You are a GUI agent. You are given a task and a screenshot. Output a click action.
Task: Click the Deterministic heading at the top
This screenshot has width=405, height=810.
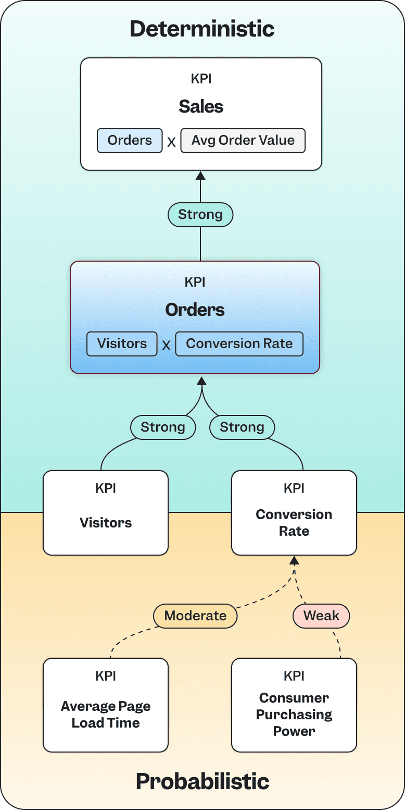click(x=202, y=29)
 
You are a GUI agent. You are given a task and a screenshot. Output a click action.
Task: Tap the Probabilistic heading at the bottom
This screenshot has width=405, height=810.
click(x=202, y=781)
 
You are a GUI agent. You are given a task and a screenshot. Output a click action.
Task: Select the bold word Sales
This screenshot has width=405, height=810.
click(x=201, y=106)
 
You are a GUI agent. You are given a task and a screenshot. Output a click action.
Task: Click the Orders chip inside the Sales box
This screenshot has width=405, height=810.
click(x=130, y=141)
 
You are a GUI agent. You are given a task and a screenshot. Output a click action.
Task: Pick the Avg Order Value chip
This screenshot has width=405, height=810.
click(x=243, y=141)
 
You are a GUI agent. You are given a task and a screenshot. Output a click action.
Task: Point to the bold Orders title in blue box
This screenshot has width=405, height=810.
click(x=195, y=310)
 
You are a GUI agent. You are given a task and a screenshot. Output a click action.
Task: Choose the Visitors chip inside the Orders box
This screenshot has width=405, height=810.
click(x=122, y=344)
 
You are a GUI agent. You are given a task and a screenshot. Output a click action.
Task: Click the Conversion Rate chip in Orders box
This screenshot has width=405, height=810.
click(x=239, y=344)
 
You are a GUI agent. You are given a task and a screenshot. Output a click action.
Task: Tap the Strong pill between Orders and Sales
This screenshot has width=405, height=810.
click(x=200, y=214)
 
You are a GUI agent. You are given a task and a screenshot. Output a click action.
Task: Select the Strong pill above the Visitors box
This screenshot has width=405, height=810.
click(x=163, y=427)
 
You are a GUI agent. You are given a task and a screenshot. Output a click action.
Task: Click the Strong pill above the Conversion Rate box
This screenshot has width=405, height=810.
click(x=242, y=427)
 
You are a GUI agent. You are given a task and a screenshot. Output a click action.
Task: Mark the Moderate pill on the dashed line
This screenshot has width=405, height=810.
click(x=195, y=616)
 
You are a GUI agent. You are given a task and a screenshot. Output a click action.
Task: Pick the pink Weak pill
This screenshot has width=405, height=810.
click(x=321, y=616)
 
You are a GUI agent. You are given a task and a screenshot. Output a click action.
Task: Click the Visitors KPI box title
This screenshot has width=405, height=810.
click(x=106, y=523)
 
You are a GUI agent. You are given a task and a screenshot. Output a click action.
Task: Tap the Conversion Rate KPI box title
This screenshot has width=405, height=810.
click(x=294, y=523)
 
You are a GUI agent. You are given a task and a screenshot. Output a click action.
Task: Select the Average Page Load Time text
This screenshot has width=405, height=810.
click(x=106, y=715)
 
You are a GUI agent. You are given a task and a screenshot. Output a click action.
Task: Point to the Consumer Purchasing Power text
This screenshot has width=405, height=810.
click(x=294, y=715)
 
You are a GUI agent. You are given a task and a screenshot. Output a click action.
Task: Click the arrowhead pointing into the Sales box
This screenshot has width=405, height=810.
click(x=200, y=176)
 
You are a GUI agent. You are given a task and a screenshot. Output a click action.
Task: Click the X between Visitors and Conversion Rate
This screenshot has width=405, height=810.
click(x=166, y=345)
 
